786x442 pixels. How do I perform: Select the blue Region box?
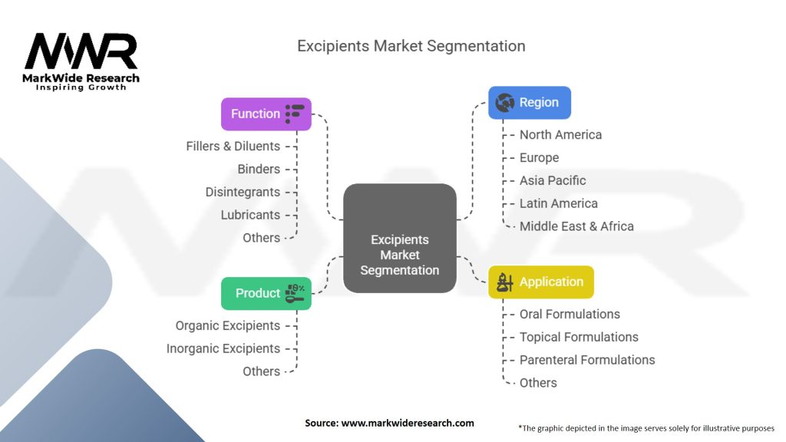click(x=530, y=102)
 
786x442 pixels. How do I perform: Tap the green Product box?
click(x=266, y=293)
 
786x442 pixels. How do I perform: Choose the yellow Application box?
click(x=541, y=282)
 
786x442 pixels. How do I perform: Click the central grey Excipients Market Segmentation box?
click(x=399, y=238)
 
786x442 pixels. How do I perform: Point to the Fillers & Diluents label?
click(x=233, y=146)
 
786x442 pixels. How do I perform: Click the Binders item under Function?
click(x=259, y=169)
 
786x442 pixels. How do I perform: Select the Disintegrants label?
click(x=243, y=192)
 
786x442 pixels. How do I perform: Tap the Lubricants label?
click(x=250, y=215)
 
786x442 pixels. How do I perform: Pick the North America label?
click(x=560, y=134)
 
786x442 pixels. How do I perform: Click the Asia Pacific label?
click(x=553, y=180)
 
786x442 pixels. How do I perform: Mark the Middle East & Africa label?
click(x=576, y=226)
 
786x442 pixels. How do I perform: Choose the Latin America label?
click(x=559, y=203)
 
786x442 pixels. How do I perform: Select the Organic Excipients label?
click(x=227, y=325)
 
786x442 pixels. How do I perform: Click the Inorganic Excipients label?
click(x=223, y=348)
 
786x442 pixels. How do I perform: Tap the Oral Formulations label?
click(x=570, y=314)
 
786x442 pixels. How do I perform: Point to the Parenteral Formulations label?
click(x=587, y=360)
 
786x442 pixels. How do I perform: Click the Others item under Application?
click(x=538, y=383)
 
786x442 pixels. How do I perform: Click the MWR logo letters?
click(x=81, y=52)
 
